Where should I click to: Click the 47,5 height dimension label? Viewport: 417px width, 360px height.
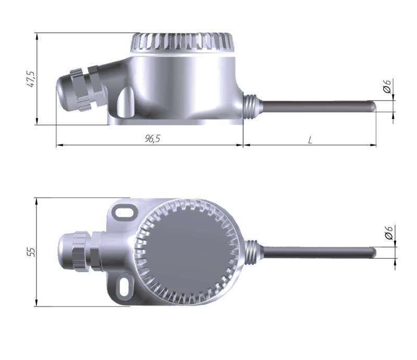pos(31,79)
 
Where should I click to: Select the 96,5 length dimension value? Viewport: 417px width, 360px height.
pos(152,138)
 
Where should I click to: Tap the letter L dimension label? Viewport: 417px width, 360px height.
pos(310,140)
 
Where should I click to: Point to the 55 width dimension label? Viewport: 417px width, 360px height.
pos(31,252)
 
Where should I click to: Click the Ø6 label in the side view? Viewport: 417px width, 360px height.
pos(387,86)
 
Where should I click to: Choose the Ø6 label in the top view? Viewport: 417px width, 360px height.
pos(388,233)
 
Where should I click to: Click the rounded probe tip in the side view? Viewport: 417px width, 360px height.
pos(373,106)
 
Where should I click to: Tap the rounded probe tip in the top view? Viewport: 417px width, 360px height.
pos(373,253)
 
